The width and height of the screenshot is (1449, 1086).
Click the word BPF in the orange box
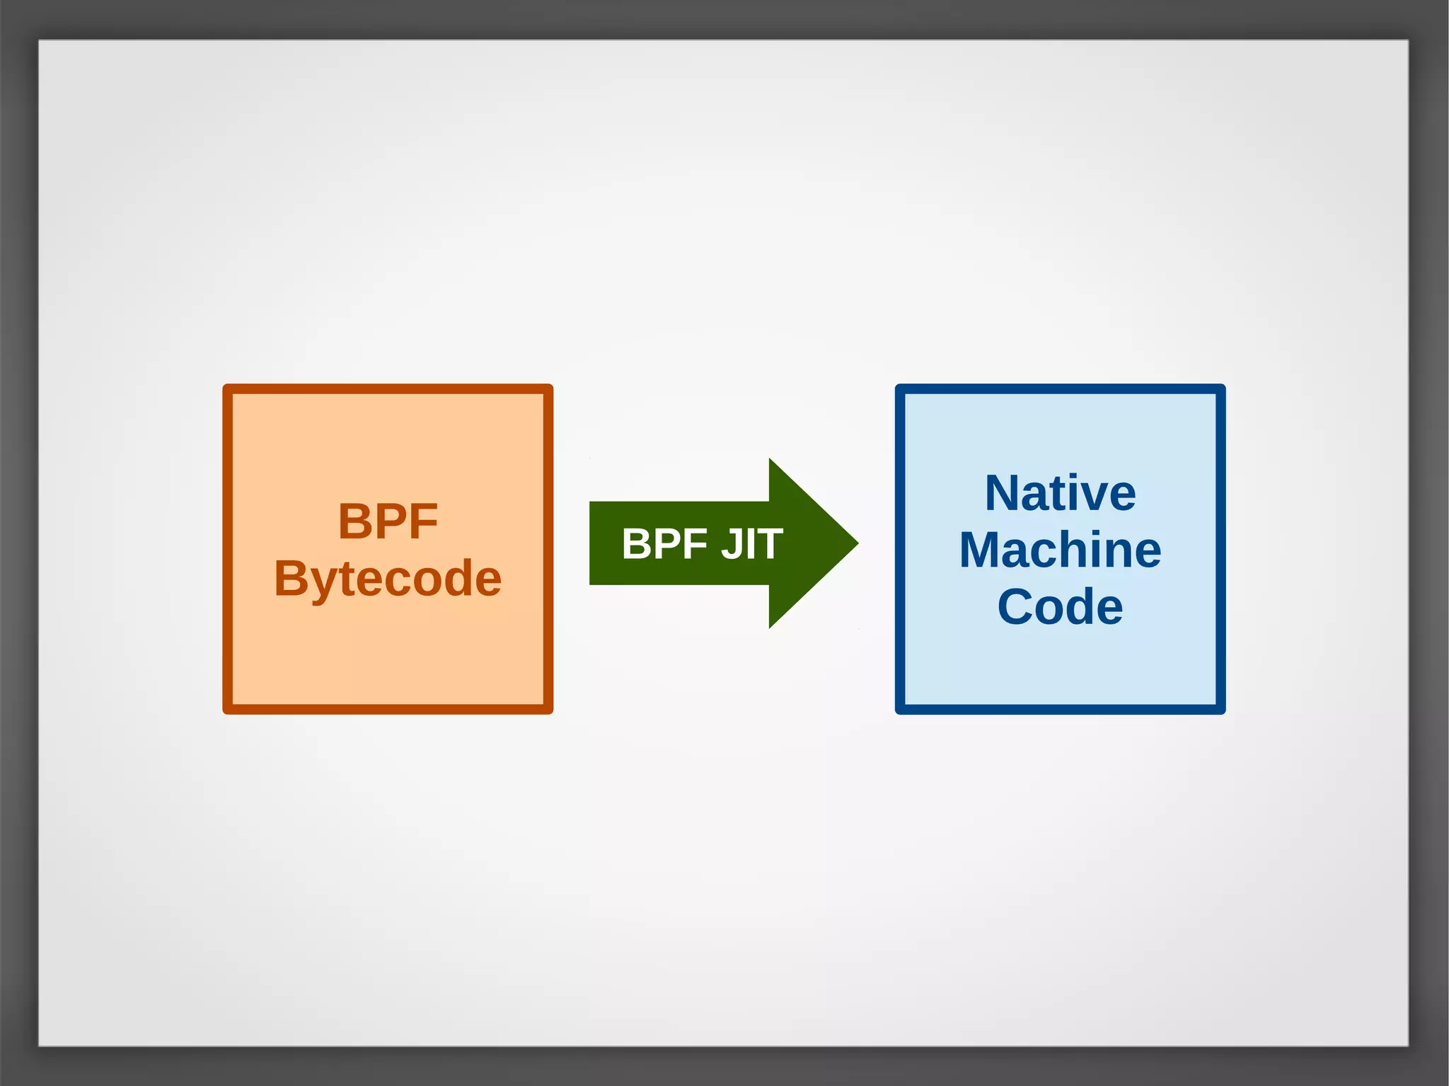coord(388,522)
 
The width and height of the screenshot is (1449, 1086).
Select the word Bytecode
coord(388,579)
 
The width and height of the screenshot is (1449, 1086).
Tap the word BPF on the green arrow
coord(664,544)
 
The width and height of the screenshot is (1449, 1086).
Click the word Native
coord(1060,493)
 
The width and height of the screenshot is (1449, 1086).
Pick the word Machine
coord(1060,550)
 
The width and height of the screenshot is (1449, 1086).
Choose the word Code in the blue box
coord(1060,607)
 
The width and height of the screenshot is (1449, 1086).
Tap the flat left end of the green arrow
coord(591,543)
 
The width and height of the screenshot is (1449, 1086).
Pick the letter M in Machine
coord(981,550)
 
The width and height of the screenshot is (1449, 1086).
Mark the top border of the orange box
coord(388,388)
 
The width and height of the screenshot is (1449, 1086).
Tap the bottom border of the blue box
coord(1060,710)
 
